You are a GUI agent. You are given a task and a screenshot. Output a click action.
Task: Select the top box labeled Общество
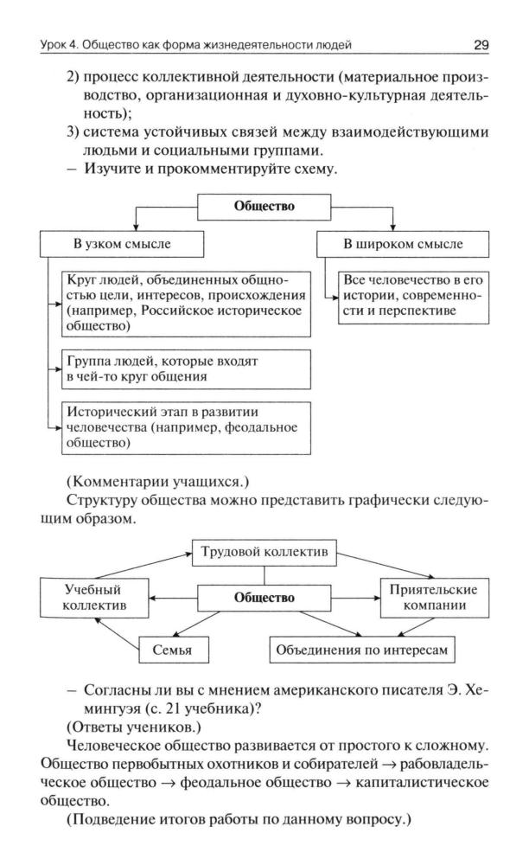click(264, 207)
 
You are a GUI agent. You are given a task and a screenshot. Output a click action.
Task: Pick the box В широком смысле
click(403, 244)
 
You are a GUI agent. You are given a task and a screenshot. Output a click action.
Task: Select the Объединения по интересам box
click(362, 648)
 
